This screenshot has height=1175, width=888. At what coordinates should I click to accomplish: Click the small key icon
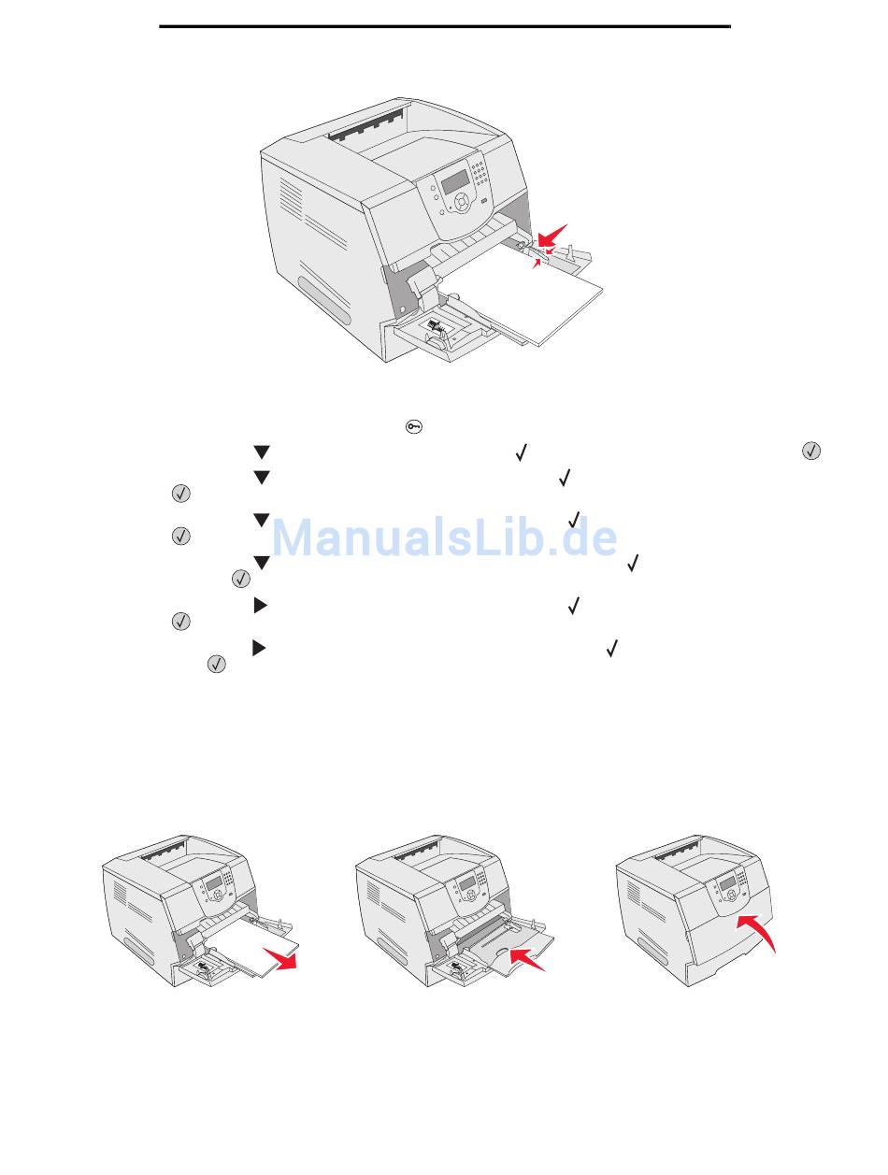(414, 426)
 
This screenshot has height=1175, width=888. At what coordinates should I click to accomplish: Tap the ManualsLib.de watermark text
(444, 537)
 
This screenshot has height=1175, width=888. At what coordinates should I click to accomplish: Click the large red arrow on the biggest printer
(551, 236)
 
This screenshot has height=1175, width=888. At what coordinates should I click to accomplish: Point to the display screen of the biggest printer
(454, 182)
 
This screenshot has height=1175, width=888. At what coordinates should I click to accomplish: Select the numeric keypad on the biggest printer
(479, 174)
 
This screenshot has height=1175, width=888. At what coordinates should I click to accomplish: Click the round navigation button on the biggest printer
(460, 202)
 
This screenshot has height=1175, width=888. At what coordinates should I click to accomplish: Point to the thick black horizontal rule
(445, 26)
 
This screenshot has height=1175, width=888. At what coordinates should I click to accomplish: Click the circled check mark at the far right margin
(811, 451)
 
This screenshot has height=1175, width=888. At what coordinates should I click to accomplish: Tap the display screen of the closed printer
(727, 882)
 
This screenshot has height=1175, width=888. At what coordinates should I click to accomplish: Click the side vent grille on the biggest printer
(291, 197)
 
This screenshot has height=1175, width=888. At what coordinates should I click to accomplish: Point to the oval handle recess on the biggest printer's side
(323, 300)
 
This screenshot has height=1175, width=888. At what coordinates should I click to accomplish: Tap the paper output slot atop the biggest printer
(365, 125)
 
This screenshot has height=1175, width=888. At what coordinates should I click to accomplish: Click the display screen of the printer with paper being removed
(214, 883)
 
